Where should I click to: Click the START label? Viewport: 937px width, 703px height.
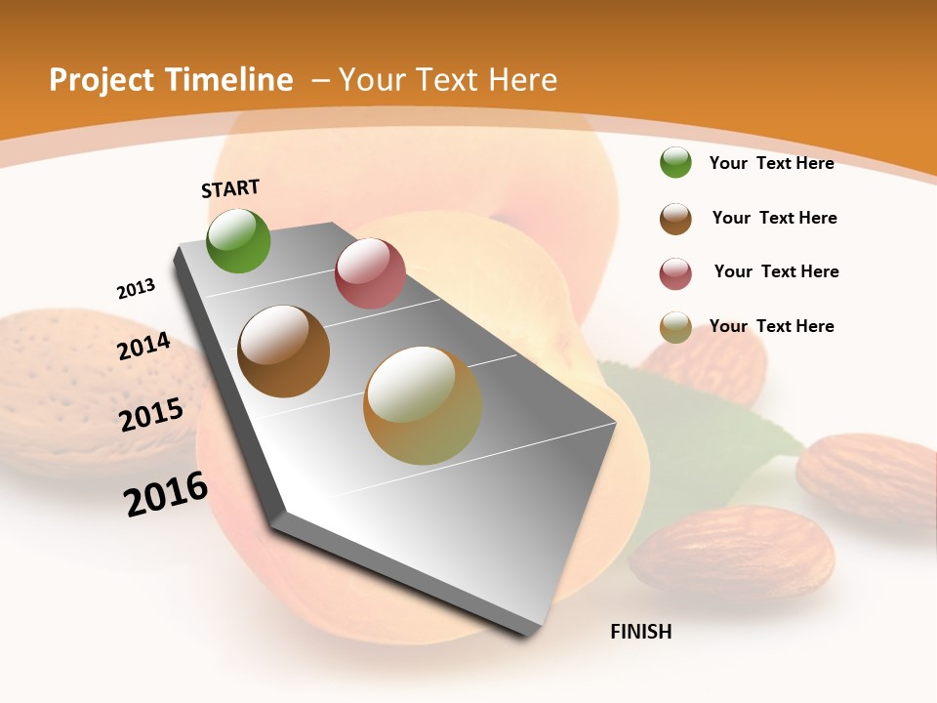click(x=230, y=188)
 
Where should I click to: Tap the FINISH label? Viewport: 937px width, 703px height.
click(x=641, y=632)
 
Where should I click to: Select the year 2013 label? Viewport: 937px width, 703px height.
click(x=137, y=289)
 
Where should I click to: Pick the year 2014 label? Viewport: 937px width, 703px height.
click(x=144, y=347)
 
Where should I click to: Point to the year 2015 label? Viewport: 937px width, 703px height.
click(x=151, y=414)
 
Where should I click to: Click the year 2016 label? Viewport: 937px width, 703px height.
click(x=166, y=494)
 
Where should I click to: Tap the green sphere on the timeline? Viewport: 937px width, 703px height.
click(x=239, y=240)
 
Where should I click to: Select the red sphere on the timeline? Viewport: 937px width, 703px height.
click(x=370, y=273)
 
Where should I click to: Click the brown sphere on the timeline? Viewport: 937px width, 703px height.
click(x=284, y=351)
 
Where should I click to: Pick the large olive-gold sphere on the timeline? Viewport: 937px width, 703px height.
click(x=423, y=405)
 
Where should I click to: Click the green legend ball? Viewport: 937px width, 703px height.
click(x=675, y=163)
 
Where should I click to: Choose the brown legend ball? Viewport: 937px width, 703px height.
click(x=675, y=219)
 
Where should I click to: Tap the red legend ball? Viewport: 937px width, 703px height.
click(x=675, y=273)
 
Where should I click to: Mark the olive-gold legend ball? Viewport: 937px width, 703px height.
click(x=675, y=327)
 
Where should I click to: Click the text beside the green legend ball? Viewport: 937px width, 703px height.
click(x=771, y=163)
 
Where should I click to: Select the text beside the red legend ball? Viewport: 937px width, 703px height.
click(x=776, y=271)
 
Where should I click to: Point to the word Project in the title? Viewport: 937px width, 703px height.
click(x=103, y=80)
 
